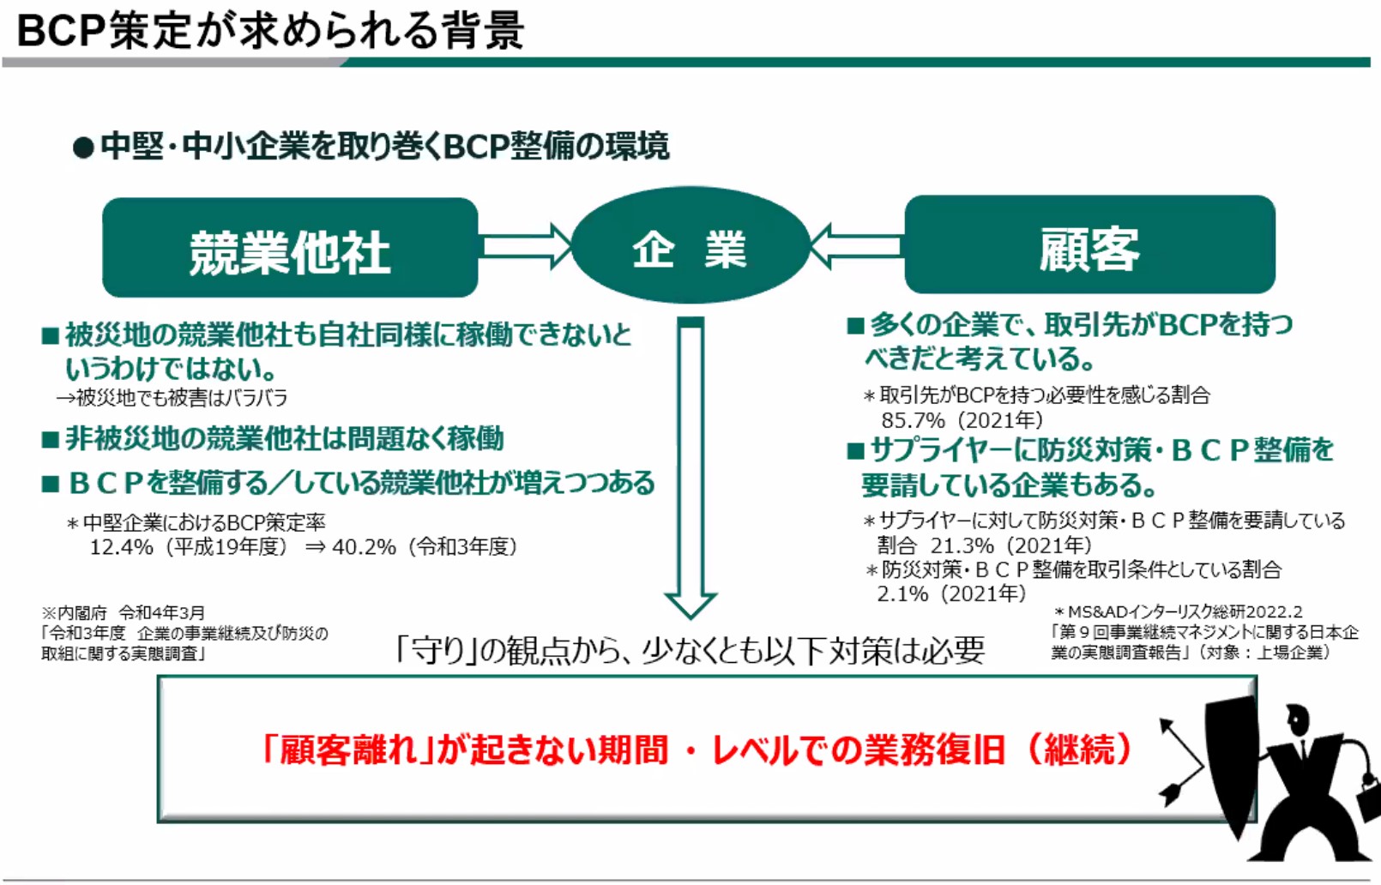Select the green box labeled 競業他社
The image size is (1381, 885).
tap(290, 247)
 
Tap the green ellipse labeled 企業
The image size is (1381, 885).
tap(690, 246)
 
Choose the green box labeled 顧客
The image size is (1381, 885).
tap(1089, 244)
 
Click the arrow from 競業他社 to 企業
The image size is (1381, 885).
tap(528, 246)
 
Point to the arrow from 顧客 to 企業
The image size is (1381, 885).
tap(856, 246)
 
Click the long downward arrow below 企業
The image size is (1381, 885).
tap(691, 468)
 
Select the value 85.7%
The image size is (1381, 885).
tap(913, 420)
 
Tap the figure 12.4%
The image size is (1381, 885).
tap(122, 547)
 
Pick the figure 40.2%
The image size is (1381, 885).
tap(364, 547)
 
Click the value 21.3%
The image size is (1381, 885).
tap(962, 546)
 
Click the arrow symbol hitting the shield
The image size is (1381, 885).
tap(1181, 763)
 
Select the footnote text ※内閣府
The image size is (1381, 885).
tap(74, 613)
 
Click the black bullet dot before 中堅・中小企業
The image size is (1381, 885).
tap(83, 147)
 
